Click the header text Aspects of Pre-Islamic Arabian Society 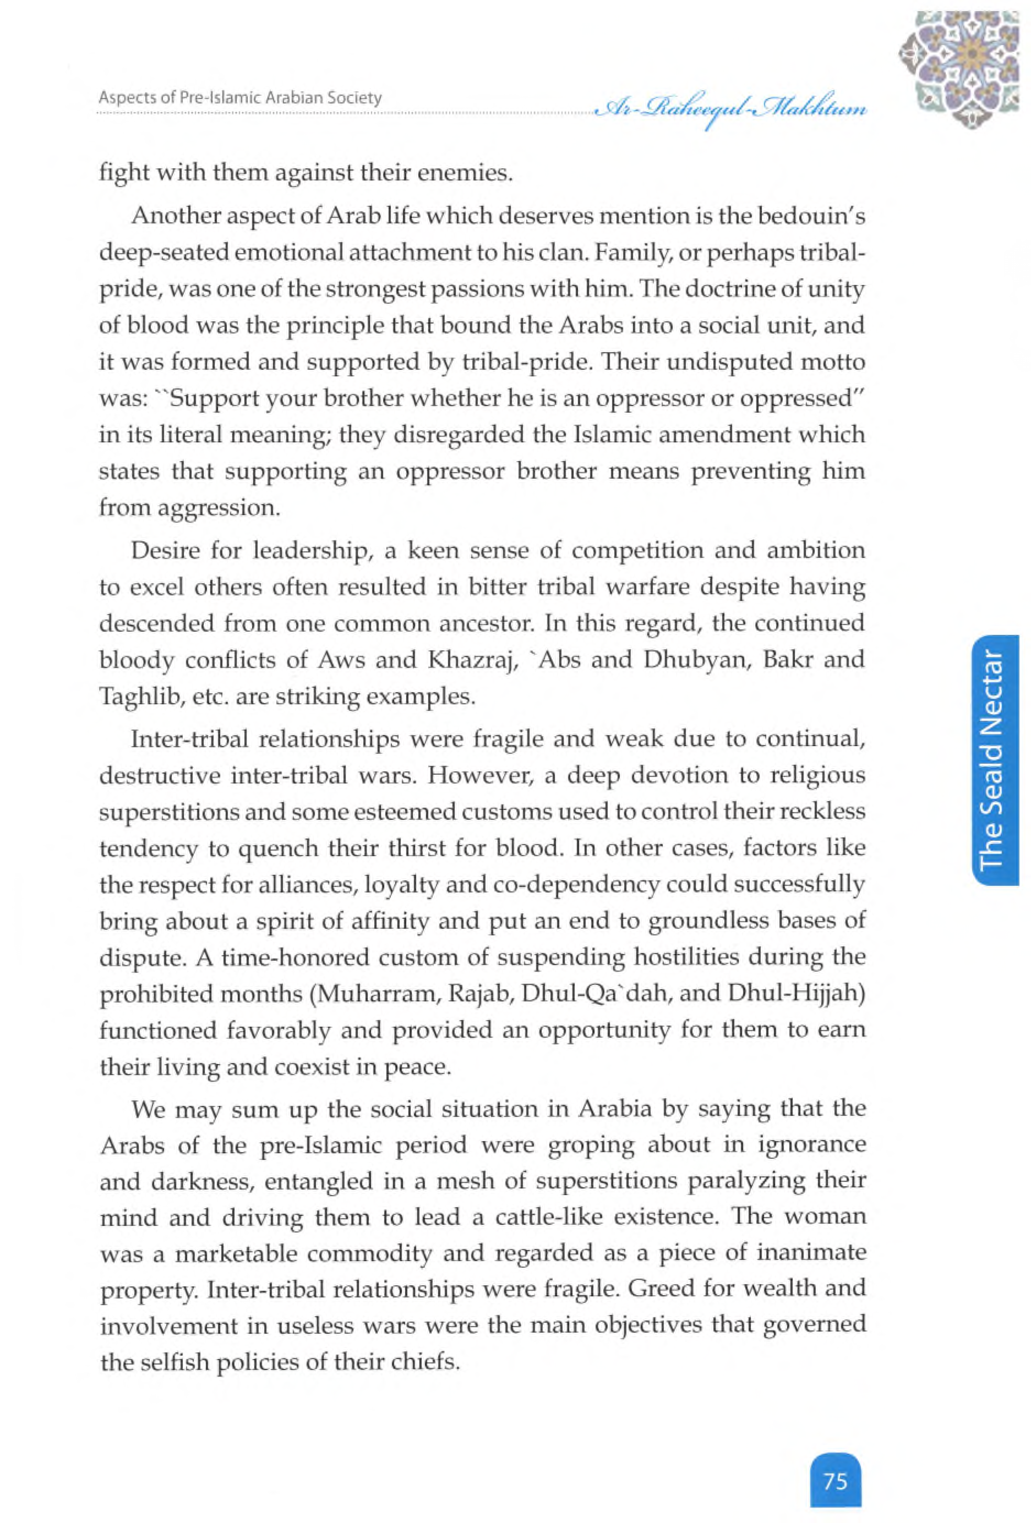240,98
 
